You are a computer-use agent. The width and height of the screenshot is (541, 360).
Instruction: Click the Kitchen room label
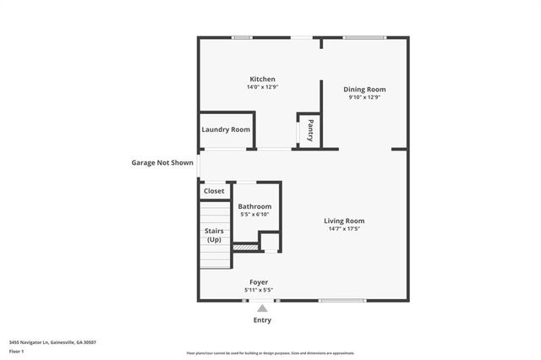(261, 79)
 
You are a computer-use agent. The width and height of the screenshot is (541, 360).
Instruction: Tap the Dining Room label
(365, 89)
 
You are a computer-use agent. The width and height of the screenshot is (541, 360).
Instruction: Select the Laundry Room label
(226, 129)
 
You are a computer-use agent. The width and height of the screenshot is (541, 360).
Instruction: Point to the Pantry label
(310, 131)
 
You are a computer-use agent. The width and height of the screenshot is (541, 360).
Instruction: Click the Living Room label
(344, 221)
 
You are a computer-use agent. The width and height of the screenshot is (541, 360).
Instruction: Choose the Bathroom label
(254, 206)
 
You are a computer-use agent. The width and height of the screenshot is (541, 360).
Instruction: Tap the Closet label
(215, 191)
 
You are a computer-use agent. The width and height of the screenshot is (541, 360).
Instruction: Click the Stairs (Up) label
(214, 235)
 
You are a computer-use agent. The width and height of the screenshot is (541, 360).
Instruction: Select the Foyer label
(259, 282)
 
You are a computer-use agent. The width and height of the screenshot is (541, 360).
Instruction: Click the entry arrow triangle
(262, 308)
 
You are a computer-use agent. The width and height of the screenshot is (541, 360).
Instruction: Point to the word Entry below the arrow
(262, 321)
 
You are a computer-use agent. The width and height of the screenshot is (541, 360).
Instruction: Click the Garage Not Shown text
(161, 162)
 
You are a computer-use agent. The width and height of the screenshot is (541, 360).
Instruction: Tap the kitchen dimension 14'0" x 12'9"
(261, 87)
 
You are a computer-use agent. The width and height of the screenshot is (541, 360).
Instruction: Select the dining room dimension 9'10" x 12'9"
(365, 97)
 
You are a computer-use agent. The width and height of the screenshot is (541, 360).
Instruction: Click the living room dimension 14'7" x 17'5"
(344, 229)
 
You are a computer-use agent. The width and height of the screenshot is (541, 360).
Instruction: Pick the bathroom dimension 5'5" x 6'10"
(254, 215)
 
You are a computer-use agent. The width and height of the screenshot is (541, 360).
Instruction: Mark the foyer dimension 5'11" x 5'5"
(259, 290)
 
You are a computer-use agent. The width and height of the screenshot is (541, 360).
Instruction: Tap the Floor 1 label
(17, 351)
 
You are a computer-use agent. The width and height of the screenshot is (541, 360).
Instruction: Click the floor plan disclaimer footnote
(270, 353)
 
